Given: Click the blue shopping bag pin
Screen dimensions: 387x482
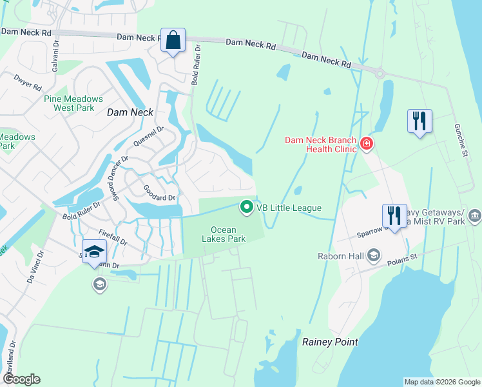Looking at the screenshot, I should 173,40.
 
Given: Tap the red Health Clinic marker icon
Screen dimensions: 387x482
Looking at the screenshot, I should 367,143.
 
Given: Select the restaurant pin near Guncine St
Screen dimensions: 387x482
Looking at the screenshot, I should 419,121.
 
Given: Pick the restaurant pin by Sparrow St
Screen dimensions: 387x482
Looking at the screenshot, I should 394,215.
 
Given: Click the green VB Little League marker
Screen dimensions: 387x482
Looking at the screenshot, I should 246,207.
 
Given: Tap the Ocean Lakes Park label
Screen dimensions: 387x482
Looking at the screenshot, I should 228,234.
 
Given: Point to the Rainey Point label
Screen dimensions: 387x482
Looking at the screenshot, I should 330,342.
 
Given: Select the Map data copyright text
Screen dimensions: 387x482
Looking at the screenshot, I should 441,382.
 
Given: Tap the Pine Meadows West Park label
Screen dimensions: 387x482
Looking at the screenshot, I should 73,103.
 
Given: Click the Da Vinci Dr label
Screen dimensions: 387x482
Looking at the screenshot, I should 34,267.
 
